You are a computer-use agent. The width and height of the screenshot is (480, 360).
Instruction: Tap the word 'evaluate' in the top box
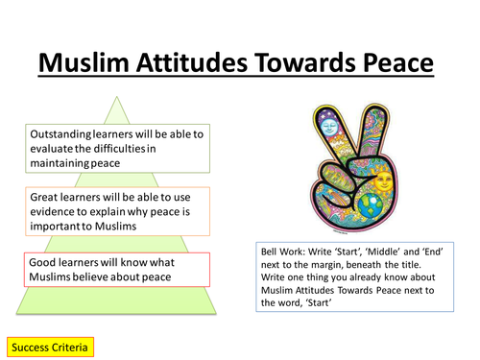54,150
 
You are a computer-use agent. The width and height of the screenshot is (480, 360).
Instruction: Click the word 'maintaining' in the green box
61,164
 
